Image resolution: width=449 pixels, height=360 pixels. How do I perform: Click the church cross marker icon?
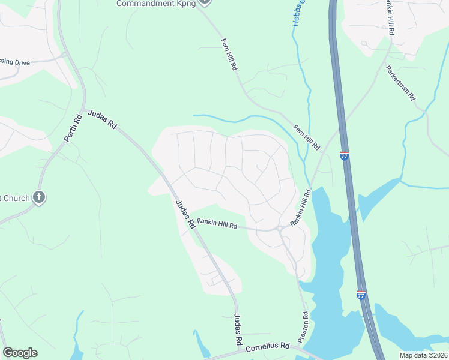39,197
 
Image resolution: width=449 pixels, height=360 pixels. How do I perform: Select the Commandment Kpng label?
154,3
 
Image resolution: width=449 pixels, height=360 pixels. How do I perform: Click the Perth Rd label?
72,128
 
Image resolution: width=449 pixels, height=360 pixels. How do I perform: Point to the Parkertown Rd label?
401,83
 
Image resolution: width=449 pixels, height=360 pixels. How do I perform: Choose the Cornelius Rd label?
268,346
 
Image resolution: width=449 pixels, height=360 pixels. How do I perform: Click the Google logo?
20,353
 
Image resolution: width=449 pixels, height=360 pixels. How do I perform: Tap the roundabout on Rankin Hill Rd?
279,228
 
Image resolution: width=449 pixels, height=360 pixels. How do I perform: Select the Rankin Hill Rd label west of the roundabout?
218,224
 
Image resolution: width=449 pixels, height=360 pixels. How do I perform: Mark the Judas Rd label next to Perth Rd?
102,120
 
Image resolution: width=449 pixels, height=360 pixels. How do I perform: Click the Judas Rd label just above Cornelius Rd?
238,329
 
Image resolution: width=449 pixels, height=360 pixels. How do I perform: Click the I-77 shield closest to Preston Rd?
361,295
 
